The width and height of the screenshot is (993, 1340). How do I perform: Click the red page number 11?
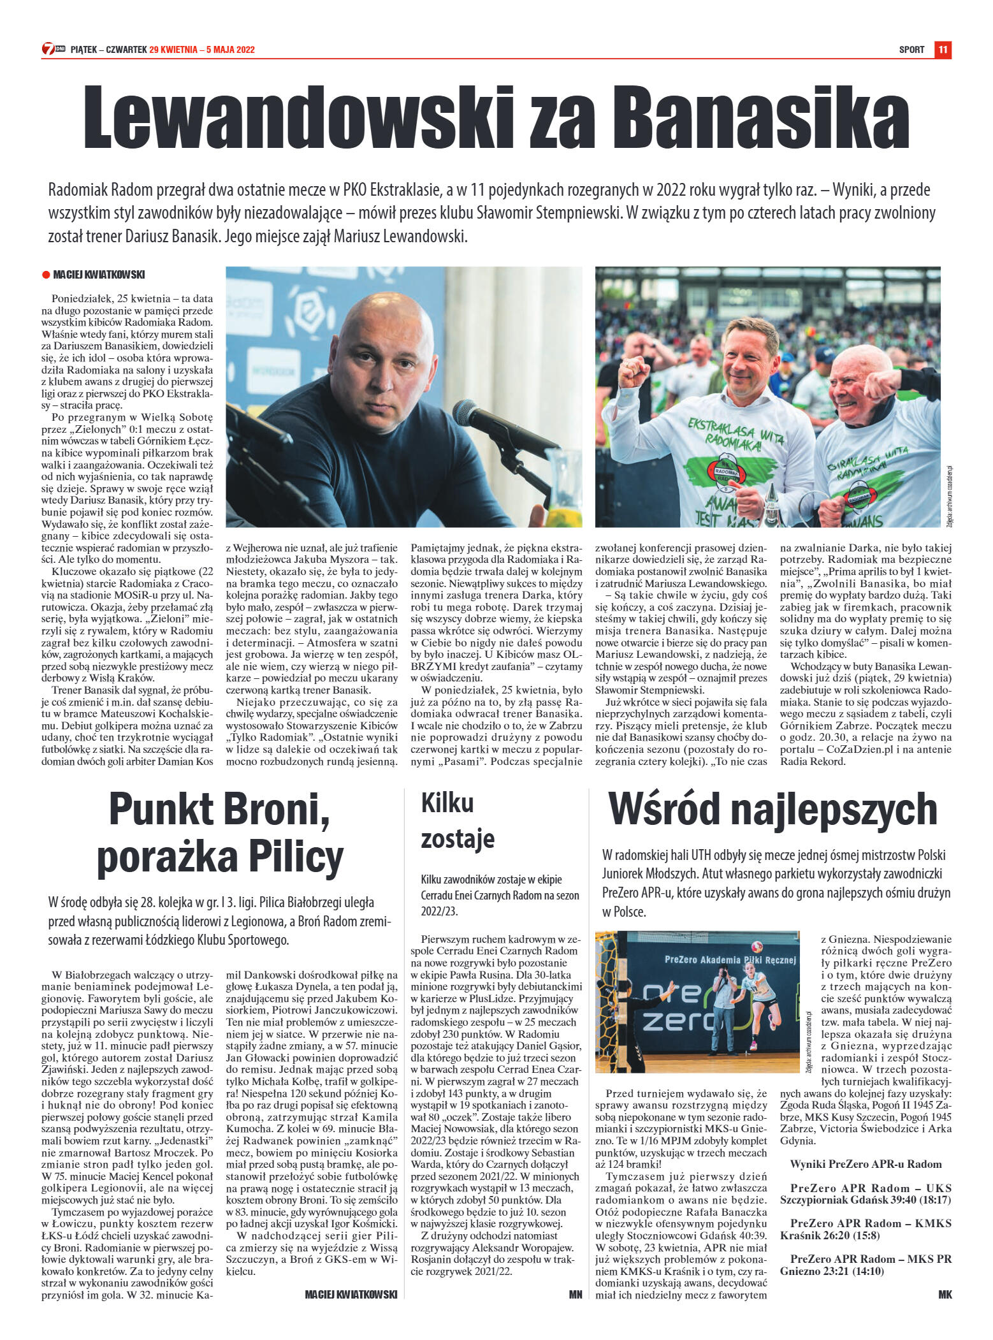click(943, 50)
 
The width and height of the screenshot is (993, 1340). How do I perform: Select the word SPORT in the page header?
click(911, 50)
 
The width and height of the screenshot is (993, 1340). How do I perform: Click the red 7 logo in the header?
click(48, 49)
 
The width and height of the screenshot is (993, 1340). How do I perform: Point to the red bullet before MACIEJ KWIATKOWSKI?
click(46, 275)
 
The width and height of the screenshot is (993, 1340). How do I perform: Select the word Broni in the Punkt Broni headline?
click(278, 810)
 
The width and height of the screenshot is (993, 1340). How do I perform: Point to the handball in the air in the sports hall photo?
click(758, 947)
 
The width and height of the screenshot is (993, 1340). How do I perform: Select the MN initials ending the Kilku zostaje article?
click(575, 1295)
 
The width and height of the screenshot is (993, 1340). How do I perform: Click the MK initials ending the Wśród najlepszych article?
click(945, 1295)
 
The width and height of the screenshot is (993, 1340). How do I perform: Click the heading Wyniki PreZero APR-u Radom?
click(866, 1163)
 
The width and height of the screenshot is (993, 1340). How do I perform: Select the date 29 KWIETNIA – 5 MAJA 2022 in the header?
click(202, 50)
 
